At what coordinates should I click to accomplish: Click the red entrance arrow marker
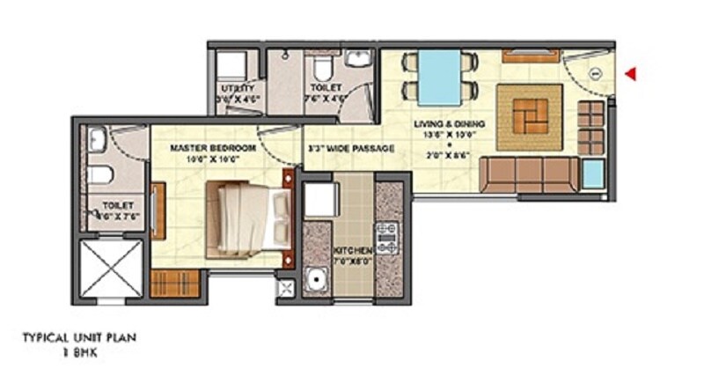pos(630,74)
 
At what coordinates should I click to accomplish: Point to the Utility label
pos(238,88)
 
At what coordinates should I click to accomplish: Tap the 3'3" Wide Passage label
pos(351,148)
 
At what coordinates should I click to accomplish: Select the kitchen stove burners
pos(387,238)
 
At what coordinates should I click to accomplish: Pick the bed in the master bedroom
pos(248,214)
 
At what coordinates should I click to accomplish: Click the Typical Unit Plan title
pos(80,336)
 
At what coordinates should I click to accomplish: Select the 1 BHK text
pos(78,351)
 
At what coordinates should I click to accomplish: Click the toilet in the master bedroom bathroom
pos(95,173)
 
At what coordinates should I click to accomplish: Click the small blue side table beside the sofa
pos(592,175)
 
